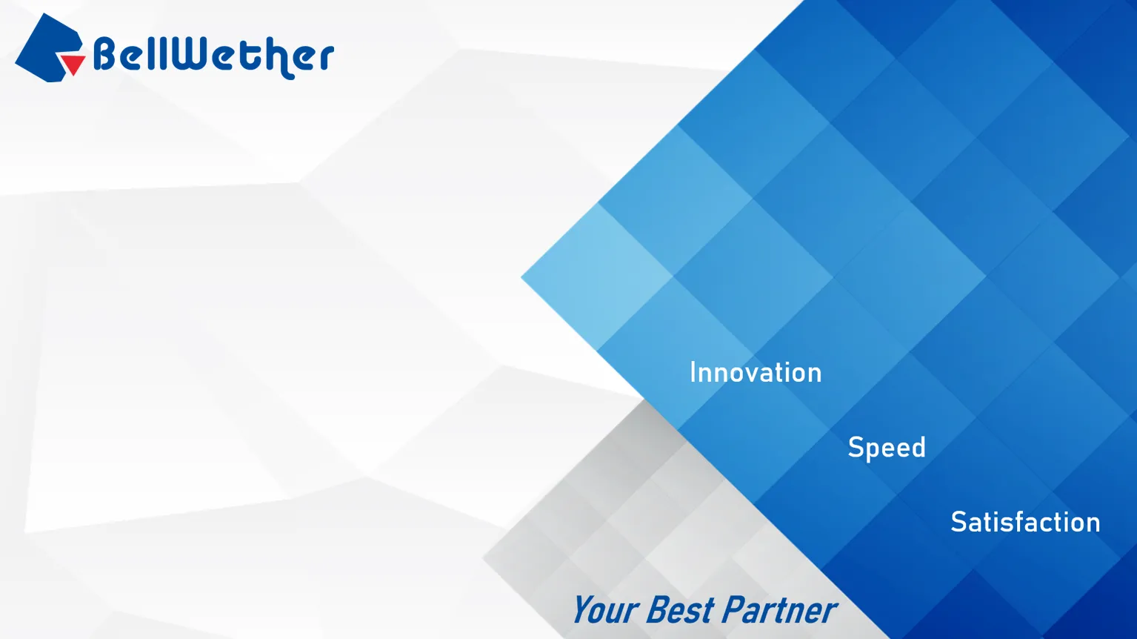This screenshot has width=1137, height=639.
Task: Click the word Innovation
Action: [756, 372]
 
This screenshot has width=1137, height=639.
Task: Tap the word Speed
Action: [887, 448]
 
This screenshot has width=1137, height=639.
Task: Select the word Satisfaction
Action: [1025, 522]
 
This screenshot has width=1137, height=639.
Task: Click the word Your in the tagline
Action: [605, 609]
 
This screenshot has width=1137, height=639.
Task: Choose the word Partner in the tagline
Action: [778, 609]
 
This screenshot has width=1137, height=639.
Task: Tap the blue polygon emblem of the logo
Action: [47, 47]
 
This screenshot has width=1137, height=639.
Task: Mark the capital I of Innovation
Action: [693, 372]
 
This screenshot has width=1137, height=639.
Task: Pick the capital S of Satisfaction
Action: [958, 522]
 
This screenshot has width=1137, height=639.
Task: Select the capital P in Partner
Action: [734, 609]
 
